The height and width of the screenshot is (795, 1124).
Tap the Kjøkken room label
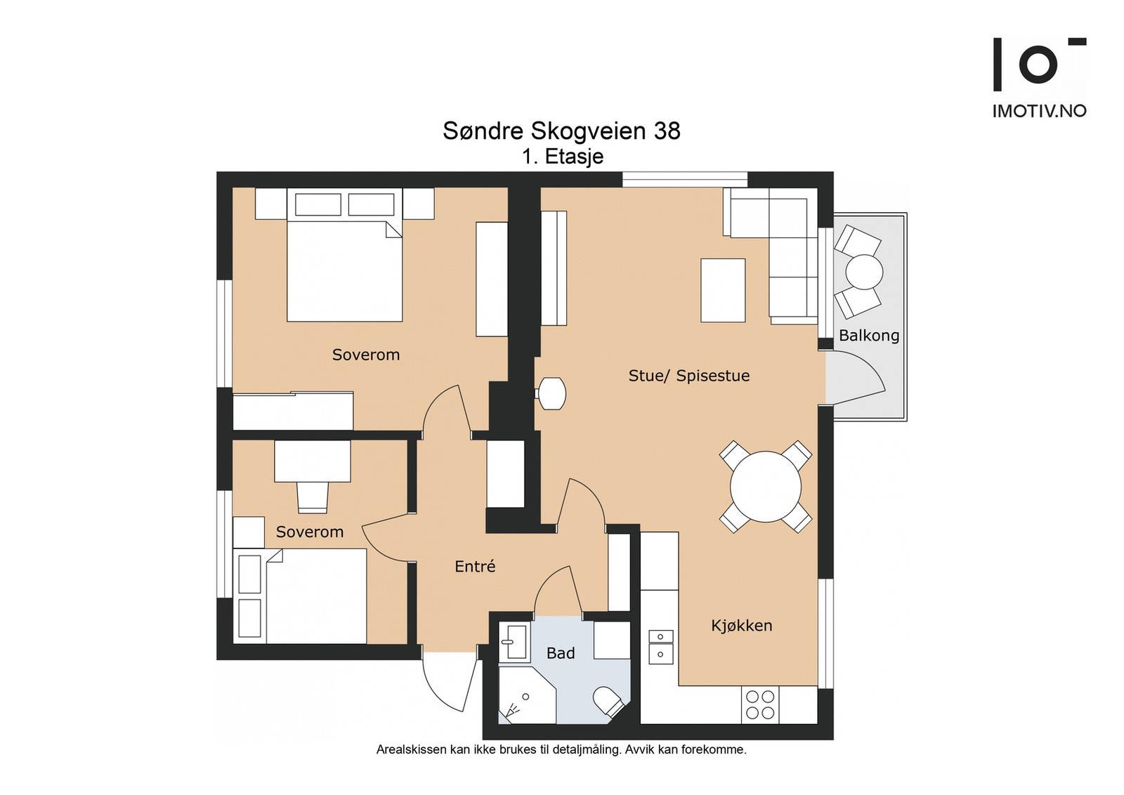coord(742,626)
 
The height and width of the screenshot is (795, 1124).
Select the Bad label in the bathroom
coord(561,653)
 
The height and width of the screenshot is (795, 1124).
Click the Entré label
coord(475,566)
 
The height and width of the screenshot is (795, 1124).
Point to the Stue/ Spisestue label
coord(689,376)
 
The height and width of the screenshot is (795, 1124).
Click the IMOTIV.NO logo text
coord(1040,111)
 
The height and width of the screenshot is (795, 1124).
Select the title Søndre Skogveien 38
coord(561,131)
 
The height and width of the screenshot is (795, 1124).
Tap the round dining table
coord(765,487)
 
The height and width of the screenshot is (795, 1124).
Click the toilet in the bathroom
coord(608,701)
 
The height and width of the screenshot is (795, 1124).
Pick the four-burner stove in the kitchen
coord(760,704)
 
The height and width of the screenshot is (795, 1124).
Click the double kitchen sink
coord(661,647)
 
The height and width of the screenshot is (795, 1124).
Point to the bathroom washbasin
coord(514,641)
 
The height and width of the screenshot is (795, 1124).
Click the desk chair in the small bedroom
coord(313,497)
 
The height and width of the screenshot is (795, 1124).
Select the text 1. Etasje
coord(563,157)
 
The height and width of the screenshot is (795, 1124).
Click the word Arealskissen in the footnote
coord(412,750)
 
